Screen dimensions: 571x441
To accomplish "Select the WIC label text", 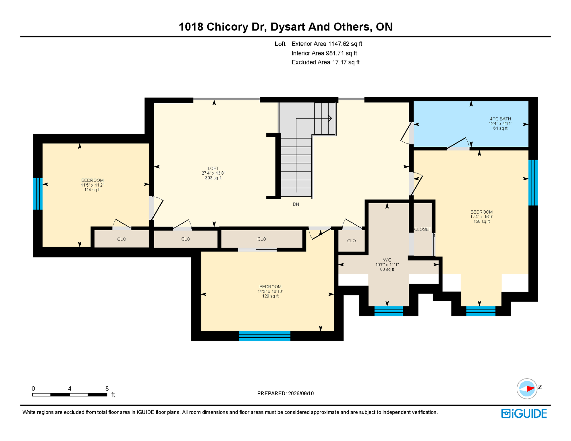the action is pos(387,260).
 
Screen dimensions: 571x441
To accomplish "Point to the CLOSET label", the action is pos(423,229).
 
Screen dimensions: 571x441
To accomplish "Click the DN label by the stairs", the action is pos(296,204).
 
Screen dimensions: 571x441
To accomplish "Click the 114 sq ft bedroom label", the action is pos(92,185).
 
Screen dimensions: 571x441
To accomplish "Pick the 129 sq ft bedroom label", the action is pos(270,291).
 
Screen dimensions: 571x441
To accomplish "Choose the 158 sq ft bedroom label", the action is pos(481,217).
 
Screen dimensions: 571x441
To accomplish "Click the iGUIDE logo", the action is pos(524,413).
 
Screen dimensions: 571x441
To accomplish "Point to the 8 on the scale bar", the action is pos(107,388).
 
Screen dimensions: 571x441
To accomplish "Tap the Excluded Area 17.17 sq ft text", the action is pos(325,62).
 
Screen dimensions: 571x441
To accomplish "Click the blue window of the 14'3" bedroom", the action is pos(265,336).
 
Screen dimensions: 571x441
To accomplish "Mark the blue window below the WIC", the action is pos(389,311).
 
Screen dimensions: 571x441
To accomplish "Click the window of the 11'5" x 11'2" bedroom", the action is pos(38,194).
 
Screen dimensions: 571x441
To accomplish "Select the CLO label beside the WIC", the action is pos(351,241).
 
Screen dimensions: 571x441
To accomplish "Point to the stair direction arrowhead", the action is pos(330,118).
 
